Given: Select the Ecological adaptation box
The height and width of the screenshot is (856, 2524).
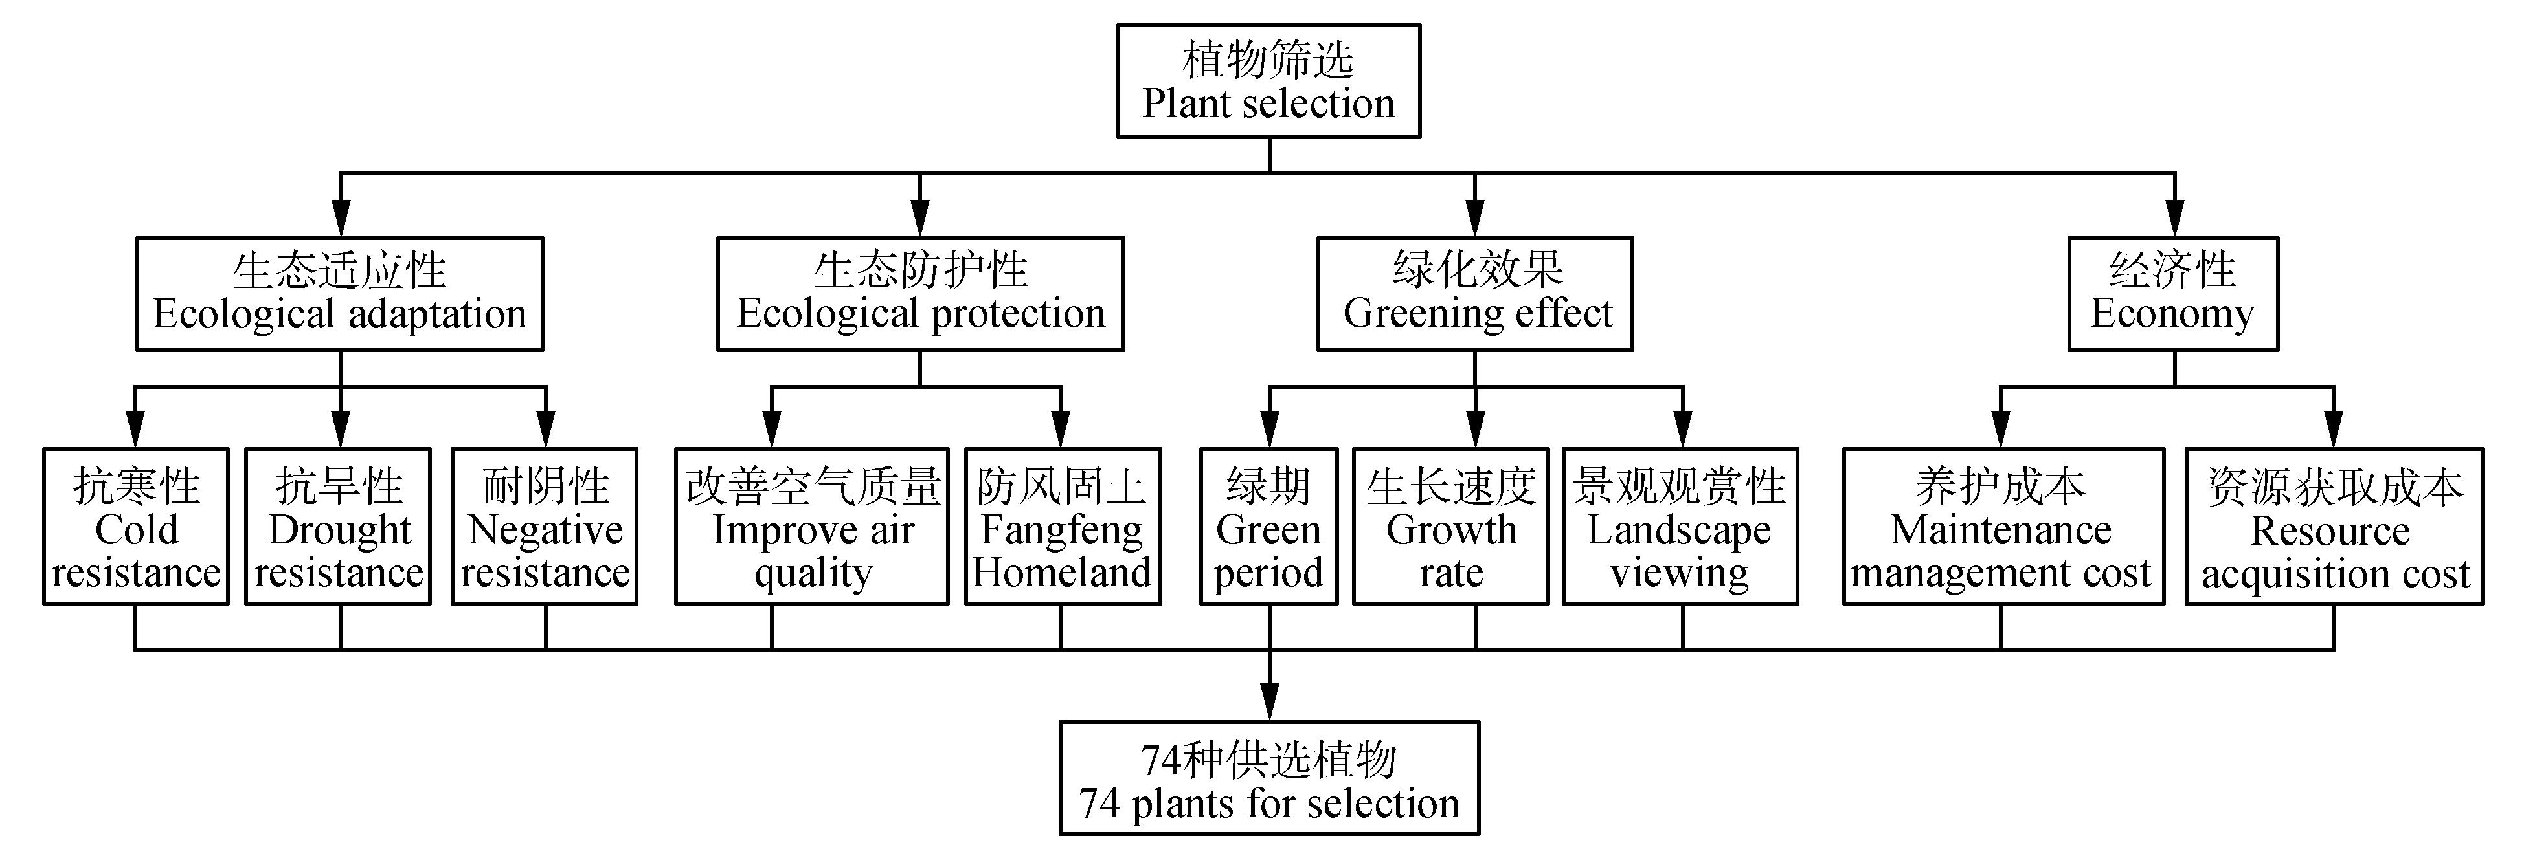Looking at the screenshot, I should pos(339,294).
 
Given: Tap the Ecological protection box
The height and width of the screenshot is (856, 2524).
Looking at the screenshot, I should pos(920,294).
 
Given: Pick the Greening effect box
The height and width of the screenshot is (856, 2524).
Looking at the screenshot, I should pos(1474,294).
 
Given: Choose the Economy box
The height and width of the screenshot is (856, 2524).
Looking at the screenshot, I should pos(2172,294).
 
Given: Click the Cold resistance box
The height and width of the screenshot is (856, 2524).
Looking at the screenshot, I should pos(136,527).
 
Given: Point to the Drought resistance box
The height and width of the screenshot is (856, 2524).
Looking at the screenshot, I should pos(338,527).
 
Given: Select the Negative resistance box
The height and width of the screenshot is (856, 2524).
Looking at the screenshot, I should pos(545,527).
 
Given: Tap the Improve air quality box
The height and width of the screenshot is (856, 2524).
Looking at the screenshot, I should pos(811,527).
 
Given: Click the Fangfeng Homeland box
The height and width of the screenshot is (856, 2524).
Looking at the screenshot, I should pos(1062,527).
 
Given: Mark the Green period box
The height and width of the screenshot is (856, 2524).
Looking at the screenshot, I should pos(1269,527).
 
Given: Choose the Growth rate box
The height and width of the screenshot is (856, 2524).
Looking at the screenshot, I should pos(1450,527).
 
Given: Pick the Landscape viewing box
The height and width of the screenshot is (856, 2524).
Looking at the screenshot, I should pos(1680,527).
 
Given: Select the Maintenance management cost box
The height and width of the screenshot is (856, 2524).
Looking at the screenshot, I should pos(2003,527).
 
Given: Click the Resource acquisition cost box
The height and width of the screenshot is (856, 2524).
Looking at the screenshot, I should pos(2334,527).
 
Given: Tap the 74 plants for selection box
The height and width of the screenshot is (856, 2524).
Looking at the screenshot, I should pos(1269,778).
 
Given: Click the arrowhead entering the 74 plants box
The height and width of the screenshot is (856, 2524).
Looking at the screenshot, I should pos(1270,703).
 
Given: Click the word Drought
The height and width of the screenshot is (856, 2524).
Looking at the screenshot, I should pos(339,531).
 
